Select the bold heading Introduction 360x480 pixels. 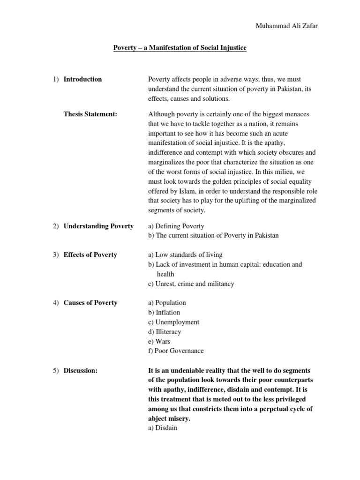pos(82,79)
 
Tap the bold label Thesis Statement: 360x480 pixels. pos(90,114)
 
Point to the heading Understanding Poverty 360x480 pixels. pos(98,226)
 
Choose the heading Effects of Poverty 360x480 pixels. pos(90,255)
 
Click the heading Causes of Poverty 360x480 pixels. pos(90,303)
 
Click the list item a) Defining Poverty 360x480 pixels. pos(176,226)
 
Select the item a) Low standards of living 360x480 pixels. pos(185,255)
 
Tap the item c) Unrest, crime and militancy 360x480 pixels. pos(191,284)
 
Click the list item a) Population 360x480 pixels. pos(167,303)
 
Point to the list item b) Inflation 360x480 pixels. pos(164,313)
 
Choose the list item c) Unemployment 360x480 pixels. pos(173,322)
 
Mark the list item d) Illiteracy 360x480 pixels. pos(165,332)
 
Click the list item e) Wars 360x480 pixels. pos(159,341)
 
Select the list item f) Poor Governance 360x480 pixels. pos(176,351)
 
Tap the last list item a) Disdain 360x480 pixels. pos(163,428)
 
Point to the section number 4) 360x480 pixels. pos(55,303)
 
